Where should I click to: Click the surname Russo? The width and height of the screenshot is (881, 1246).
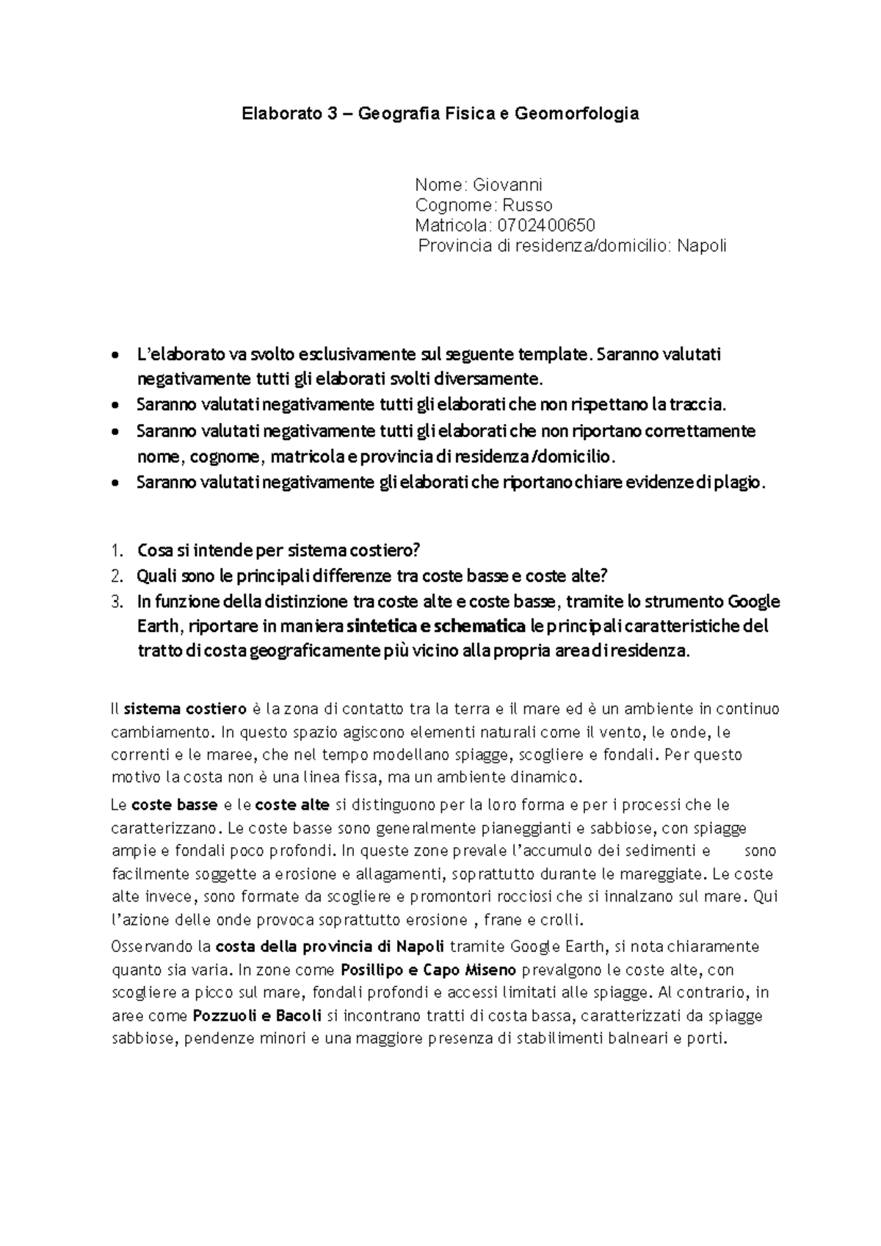529,205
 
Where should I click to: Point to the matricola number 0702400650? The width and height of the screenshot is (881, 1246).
546,226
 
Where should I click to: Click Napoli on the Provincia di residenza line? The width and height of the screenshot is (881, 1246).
701,246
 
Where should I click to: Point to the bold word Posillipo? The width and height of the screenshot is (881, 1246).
369,970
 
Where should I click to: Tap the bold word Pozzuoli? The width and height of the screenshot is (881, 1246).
222,1016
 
